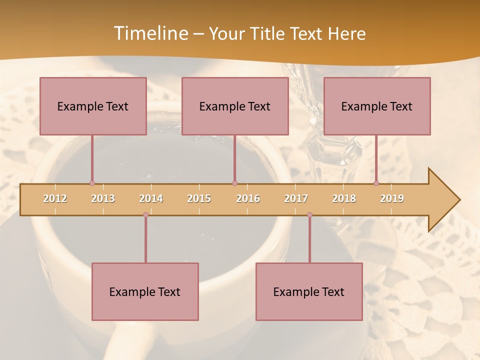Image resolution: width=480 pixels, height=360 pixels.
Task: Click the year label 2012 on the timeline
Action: [x=55, y=198]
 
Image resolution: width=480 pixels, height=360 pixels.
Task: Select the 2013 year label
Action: [x=103, y=198]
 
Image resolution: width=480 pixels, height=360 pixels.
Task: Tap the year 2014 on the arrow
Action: [x=151, y=198]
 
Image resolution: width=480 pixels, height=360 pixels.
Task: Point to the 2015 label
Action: [x=199, y=198]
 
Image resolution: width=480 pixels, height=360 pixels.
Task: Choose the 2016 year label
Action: [x=248, y=198]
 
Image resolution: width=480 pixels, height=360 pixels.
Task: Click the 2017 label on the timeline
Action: [x=296, y=198]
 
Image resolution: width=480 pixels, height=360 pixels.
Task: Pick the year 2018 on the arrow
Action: [x=344, y=198]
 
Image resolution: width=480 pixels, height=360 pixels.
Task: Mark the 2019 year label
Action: [x=392, y=198]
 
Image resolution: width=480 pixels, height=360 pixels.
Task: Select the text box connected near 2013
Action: [x=93, y=106]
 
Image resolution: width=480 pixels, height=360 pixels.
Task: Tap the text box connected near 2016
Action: [x=235, y=106]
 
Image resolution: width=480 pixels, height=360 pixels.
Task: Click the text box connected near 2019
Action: [x=377, y=106]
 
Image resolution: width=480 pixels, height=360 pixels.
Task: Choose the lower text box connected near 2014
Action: [x=145, y=291]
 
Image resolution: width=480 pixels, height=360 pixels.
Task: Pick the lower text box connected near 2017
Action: [x=309, y=291]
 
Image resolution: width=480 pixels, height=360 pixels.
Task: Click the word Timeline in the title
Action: [x=150, y=33]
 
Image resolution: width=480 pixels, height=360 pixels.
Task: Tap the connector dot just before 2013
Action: [x=92, y=183]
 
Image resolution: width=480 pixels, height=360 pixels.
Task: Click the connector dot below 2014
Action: [x=145, y=215]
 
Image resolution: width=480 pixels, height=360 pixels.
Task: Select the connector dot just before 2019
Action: [x=376, y=183]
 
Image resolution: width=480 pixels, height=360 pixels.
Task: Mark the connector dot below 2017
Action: [x=309, y=215]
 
